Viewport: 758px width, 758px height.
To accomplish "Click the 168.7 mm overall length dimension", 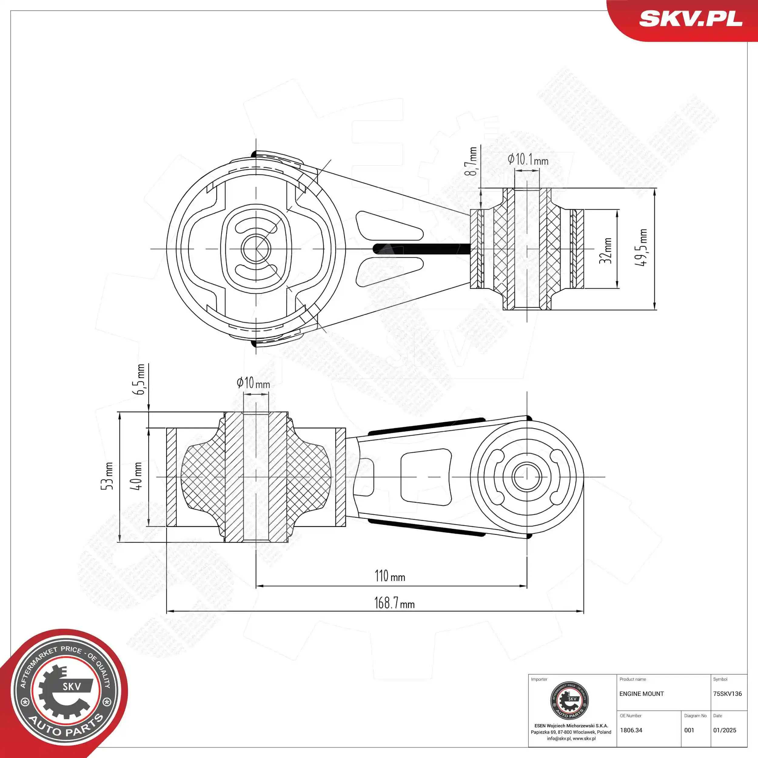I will click(394, 603).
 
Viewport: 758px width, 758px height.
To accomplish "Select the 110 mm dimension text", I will click(390, 576).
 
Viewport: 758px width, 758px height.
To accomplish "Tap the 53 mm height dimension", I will click(107, 476).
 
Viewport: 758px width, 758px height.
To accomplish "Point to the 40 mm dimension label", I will click(136, 476).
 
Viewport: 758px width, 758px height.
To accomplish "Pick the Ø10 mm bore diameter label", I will click(253, 383).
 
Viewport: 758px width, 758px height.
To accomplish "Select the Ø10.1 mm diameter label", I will click(528, 160).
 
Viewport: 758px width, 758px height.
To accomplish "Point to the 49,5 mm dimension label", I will click(641, 248).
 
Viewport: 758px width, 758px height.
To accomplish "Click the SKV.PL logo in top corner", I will click(690, 18).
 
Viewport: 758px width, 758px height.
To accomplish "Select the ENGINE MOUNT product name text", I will click(642, 694).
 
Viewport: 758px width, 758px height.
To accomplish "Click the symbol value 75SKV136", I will click(727, 694).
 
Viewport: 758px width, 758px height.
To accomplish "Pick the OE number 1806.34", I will click(631, 730).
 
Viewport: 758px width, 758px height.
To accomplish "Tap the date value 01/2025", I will click(725, 730).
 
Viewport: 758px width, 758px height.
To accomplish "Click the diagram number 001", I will click(689, 730).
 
